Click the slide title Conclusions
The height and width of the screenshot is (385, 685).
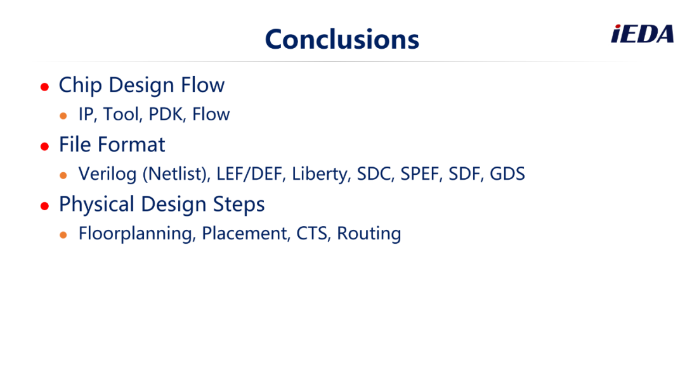pos(342,39)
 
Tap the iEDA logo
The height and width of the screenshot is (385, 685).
pos(642,34)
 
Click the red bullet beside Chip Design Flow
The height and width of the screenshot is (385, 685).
pos(44,87)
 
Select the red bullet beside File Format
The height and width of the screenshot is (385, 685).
pos(44,146)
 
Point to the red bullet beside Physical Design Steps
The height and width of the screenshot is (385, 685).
pos(44,206)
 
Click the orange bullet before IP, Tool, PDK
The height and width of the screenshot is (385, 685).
pos(63,116)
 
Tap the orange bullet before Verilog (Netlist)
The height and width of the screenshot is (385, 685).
pos(63,175)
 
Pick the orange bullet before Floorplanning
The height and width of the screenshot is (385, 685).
pos(63,235)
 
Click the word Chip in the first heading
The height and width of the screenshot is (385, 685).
pos(81,85)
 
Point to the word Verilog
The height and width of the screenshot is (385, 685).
pos(107,174)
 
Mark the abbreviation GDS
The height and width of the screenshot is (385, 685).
pos(507,174)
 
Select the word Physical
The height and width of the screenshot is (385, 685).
pos(96,205)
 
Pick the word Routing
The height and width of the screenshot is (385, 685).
pos(369,234)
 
